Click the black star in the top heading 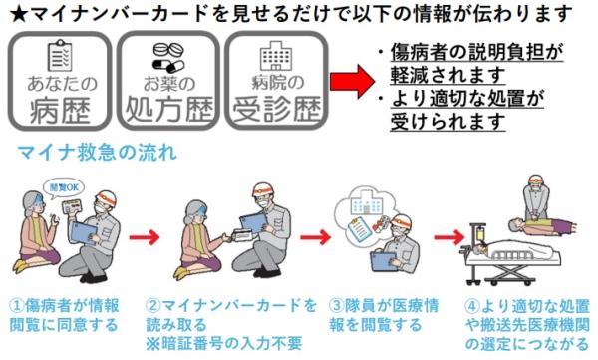coord(18,15)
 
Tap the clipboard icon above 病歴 coord(60,56)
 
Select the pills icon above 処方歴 coord(168,57)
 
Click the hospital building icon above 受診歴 coord(276,56)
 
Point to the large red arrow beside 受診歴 coord(352,82)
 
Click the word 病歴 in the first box coord(60,111)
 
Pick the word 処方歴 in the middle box coord(168,109)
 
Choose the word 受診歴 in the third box coord(276,109)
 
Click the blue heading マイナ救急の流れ coord(98,152)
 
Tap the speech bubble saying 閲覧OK coord(64,188)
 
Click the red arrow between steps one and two coord(144,237)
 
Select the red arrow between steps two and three coord(315,237)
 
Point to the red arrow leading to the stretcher coord(448,237)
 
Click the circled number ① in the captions coord(16,306)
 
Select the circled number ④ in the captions coord(471,306)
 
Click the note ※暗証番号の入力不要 coord(224,343)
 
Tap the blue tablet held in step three coord(384,261)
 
